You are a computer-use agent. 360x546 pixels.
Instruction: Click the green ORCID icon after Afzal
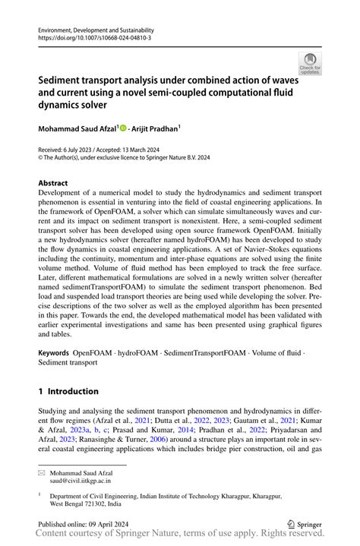click(x=123, y=128)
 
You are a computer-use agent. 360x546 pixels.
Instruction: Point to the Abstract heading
click(x=53, y=183)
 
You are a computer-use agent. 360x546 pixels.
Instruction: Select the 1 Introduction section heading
click(x=68, y=391)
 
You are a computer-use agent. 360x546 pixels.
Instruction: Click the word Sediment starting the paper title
click(x=63, y=77)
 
